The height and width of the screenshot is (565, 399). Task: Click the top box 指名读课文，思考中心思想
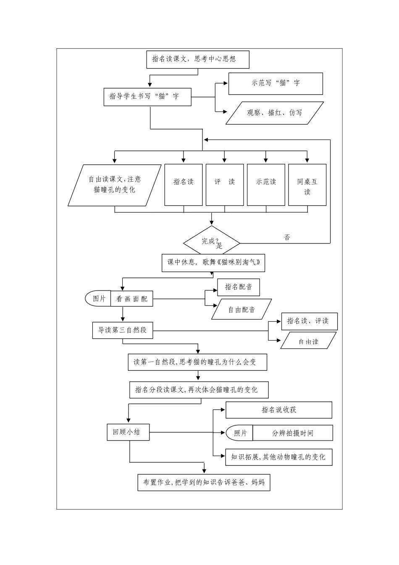(197, 59)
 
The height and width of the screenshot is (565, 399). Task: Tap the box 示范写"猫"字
(276, 83)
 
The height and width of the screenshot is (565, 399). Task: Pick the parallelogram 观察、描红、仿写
(275, 113)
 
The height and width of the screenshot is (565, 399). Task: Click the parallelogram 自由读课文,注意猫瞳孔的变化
(115, 185)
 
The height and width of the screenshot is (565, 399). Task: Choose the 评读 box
(224, 185)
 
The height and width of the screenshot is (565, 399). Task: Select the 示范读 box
(266, 185)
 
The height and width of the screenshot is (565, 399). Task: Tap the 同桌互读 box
(307, 185)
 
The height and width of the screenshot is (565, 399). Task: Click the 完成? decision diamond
(211, 242)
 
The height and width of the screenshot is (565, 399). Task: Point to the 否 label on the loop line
(287, 238)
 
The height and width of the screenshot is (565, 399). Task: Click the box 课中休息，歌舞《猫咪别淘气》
(213, 263)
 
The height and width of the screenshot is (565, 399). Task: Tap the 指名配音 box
(238, 287)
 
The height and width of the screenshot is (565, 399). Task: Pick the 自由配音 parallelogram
(241, 310)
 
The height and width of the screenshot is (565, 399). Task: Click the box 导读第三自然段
(122, 330)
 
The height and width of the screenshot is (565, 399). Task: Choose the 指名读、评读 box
(309, 322)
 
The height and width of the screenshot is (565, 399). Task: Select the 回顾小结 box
(128, 432)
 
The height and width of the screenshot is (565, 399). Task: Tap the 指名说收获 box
(278, 410)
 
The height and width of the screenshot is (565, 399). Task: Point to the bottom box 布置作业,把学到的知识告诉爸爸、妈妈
(204, 482)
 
